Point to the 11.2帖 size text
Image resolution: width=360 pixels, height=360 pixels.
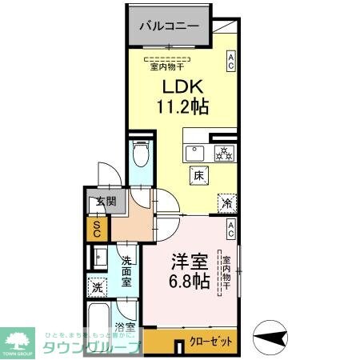[182, 105]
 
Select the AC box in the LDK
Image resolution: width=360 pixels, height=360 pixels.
[230, 62]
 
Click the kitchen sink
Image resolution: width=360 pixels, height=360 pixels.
[194, 152]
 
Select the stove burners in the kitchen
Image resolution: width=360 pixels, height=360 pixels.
[222, 152]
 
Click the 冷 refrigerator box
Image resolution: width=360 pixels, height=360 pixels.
[227, 203]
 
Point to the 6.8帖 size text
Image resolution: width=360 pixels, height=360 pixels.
[190, 282]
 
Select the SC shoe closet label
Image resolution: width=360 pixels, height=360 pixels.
[96, 230]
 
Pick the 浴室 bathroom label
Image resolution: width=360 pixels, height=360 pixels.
[125, 327]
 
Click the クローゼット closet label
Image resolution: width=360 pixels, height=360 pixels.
[211, 341]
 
